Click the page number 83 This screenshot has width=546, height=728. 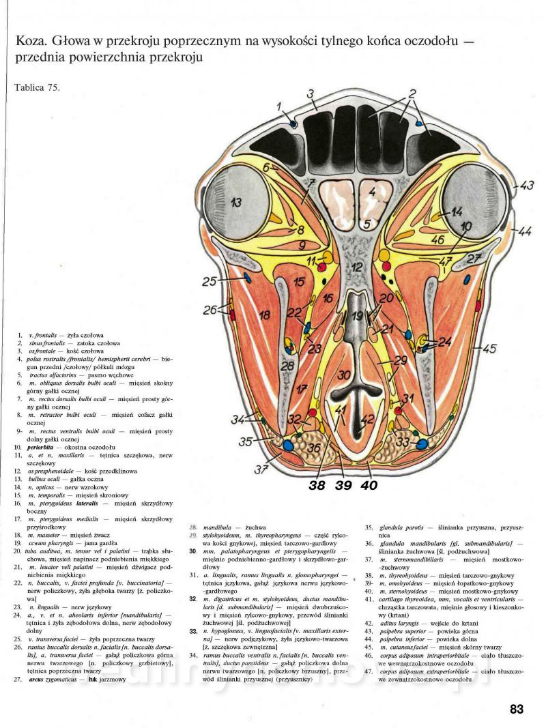pyautogui.click(x=517, y=709)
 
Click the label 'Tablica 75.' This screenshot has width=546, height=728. pyautogui.click(x=36, y=89)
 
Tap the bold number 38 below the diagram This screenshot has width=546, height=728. pyautogui.click(x=317, y=486)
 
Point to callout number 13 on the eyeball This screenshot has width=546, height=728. pyautogui.click(x=235, y=202)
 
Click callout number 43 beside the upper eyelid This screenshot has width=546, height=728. pyautogui.click(x=526, y=186)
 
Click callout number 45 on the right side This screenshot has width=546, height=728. pyautogui.click(x=489, y=349)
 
